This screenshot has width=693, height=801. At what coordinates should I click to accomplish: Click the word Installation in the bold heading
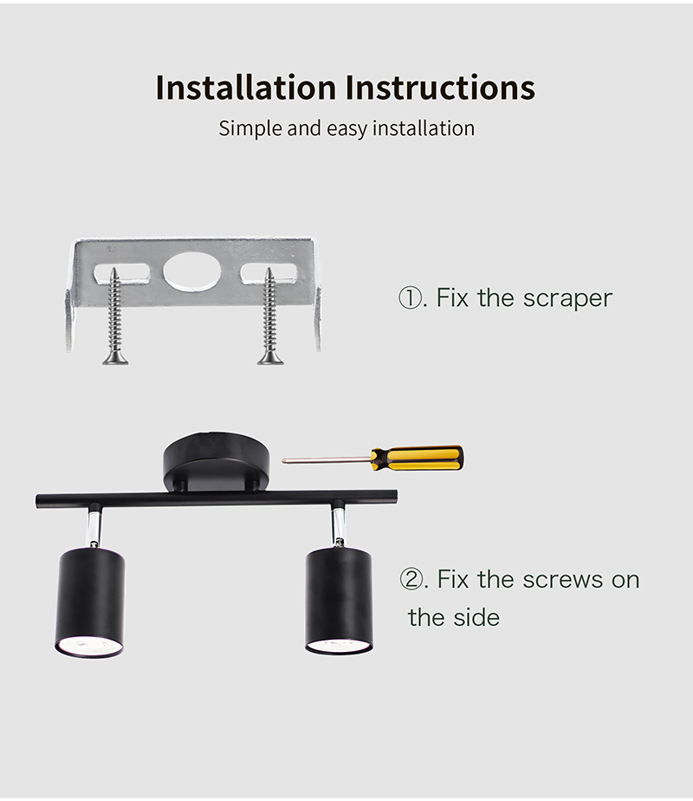pyautogui.click(x=246, y=87)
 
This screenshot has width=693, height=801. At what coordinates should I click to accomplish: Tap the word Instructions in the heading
pyautogui.click(x=440, y=87)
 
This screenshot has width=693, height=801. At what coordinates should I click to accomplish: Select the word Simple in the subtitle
pyautogui.click(x=250, y=128)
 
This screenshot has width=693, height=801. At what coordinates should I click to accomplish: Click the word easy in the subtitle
pyautogui.click(x=346, y=130)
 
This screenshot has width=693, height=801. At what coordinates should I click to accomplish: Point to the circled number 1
pyautogui.click(x=409, y=298)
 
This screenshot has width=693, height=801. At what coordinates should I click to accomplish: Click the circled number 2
pyautogui.click(x=411, y=580)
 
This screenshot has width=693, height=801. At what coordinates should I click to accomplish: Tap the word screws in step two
pyautogui.click(x=563, y=580)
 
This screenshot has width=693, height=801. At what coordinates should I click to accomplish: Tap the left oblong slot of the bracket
pyautogui.click(x=122, y=273)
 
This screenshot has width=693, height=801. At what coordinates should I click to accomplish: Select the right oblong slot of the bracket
pyautogui.click(x=269, y=273)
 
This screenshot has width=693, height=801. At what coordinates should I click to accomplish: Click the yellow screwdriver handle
pyautogui.click(x=418, y=458)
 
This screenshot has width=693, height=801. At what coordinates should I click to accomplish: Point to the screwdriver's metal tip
pyautogui.click(x=284, y=461)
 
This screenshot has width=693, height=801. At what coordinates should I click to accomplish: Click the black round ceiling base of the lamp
pyautogui.click(x=216, y=462)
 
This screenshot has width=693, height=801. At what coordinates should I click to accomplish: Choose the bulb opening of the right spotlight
pyautogui.click(x=339, y=645)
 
